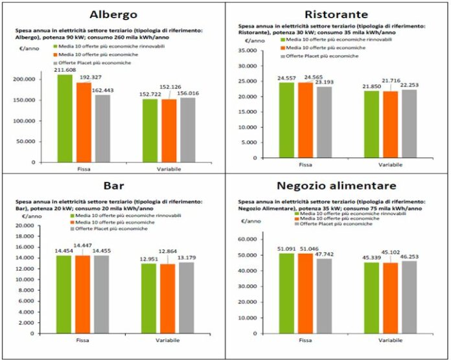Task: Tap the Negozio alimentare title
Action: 336,186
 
